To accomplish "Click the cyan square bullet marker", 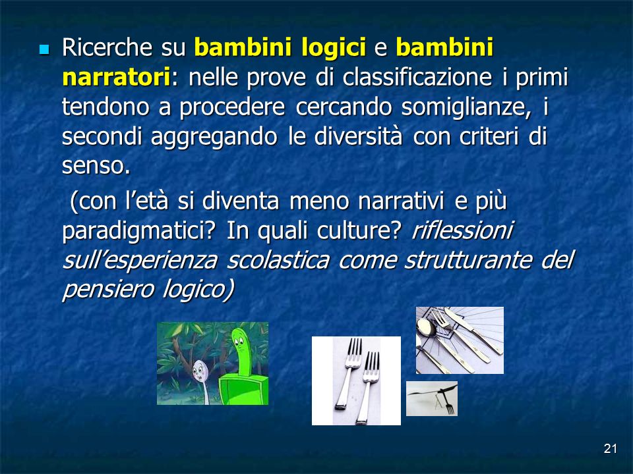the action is [44, 49].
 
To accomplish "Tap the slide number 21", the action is [610, 448].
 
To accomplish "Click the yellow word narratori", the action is [116, 77].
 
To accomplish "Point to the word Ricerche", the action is [107, 47].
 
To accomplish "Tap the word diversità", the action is [358, 137].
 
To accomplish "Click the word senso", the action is [96, 166].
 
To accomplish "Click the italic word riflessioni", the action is [462, 230].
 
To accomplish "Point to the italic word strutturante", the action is [468, 260].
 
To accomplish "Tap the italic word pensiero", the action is [107, 290].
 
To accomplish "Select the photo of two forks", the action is [356, 381].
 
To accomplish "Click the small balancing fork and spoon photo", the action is [431, 398].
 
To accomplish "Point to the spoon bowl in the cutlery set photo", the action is [426, 328].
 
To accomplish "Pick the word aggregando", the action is [214, 138].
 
